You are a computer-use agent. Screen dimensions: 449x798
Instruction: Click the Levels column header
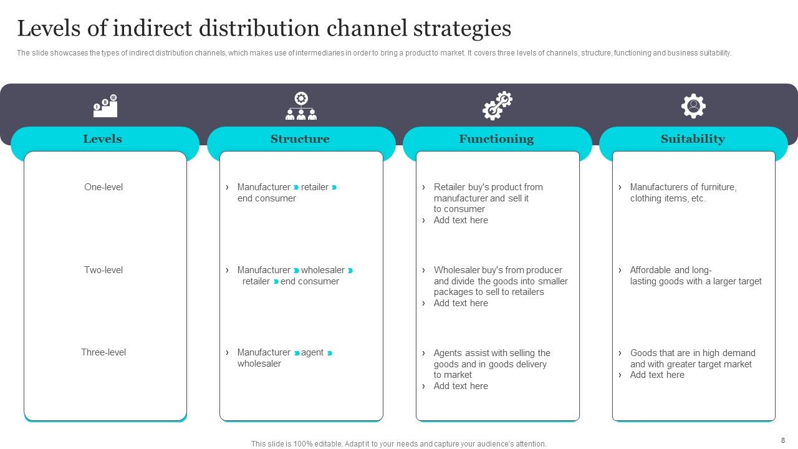point(103,139)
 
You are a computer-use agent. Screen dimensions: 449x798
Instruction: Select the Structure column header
point(300,139)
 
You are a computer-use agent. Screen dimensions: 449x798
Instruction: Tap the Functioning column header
point(496,139)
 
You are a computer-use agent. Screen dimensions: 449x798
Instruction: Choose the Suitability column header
point(693,139)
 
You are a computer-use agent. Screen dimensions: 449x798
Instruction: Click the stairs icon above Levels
point(105,106)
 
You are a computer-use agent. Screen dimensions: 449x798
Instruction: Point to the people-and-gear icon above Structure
point(301,106)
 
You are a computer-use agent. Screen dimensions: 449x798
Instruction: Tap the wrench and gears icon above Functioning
point(497,106)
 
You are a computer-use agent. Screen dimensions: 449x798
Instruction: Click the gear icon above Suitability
point(693,106)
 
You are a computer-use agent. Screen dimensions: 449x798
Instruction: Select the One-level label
point(103,187)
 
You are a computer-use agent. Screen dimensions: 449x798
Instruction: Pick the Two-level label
point(103,270)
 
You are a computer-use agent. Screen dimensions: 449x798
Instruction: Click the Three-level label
point(103,352)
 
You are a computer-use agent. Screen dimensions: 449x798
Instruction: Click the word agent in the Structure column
point(312,352)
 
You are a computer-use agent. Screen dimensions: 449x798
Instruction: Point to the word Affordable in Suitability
point(650,270)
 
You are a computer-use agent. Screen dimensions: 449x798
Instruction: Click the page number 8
point(783,440)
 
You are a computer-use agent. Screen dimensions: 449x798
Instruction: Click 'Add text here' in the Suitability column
point(657,375)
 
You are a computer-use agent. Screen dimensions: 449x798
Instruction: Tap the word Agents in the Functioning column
point(448,353)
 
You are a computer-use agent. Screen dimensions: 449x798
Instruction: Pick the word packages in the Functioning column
point(454,292)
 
